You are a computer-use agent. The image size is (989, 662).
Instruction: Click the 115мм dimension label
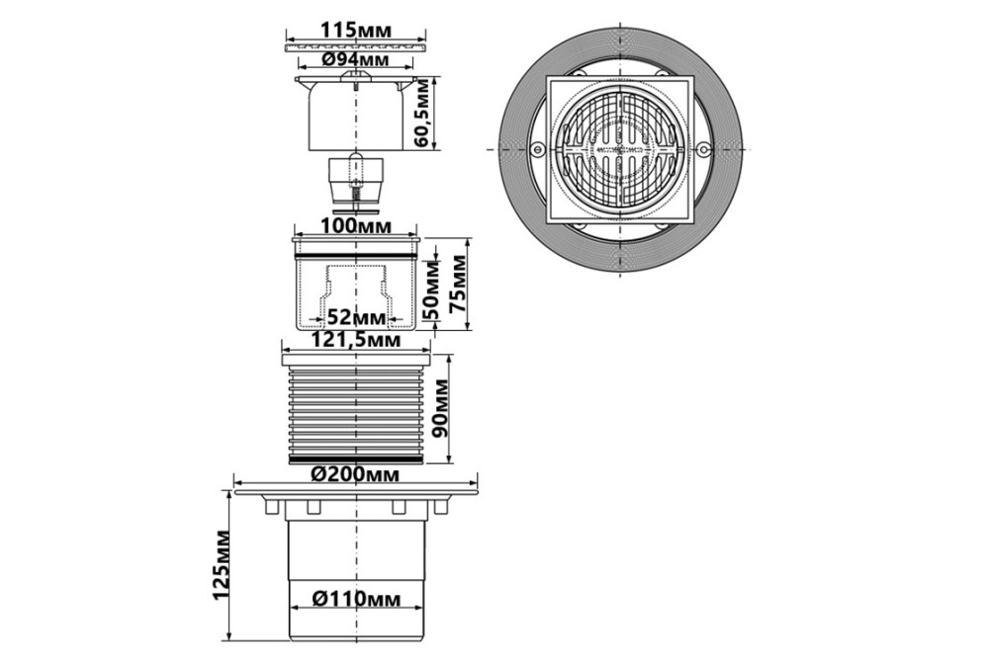pyautogui.click(x=356, y=30)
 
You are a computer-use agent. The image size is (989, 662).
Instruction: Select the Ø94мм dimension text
pyautogui.click(x=355, y=59)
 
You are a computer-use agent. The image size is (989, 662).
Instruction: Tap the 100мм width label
pyautogui.click(x=356, y=225)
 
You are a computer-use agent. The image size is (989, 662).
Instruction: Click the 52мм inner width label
pyautogui.click(x=356, y=317)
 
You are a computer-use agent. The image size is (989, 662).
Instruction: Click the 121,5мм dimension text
pyautogui.click(x=357, y=340)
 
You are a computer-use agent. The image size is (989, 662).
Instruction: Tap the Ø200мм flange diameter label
pyautogui.click(x=356, y=474)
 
